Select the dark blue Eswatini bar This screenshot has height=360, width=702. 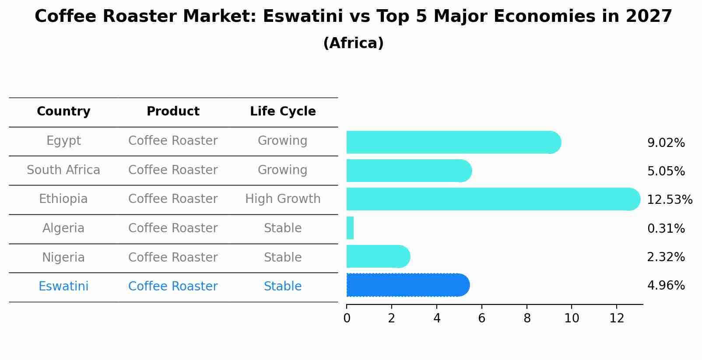click(x=407, y=285)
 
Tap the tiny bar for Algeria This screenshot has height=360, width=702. click(x=350, y=228)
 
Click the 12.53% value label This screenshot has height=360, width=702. click(x=669, y=200)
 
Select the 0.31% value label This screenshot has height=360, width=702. click(x=666, y=228)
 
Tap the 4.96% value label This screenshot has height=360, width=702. click(x=666, y=286)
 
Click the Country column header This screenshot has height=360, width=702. click(x=63, y=112)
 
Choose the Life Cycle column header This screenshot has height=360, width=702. click(x=283, y=112)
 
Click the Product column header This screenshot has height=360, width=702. click(x=173, y=112)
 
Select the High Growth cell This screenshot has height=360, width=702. click(x=283, y=199)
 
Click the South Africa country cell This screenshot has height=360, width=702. click(x=63, y=170)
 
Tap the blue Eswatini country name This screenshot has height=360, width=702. click(x=63, y=287)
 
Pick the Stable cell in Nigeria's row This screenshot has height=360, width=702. click(x=283, y=257)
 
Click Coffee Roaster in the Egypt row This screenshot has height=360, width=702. click(x=173, y=141)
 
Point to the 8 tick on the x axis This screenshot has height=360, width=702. click(x=527, y=318)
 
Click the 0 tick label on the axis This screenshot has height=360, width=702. click(x=347, y=318)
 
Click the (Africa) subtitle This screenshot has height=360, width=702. click(x=353, y=43)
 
